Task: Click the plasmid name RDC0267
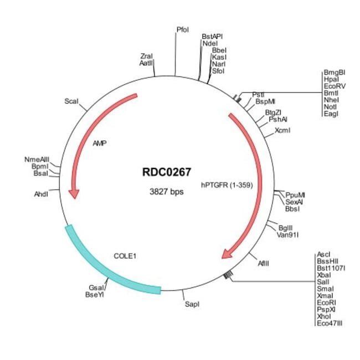point(167,173)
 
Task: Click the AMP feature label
point(100,143)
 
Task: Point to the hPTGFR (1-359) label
point(227,186)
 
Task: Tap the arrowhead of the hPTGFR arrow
point(227,254)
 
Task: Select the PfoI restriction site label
point(183,29)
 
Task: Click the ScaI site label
point(71,101)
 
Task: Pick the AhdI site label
point(42,194)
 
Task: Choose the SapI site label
point(192,305)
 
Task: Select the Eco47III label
point(330,323)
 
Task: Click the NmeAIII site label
point(37,160)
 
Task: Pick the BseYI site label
point(95,295)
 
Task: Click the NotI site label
point(331,107)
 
